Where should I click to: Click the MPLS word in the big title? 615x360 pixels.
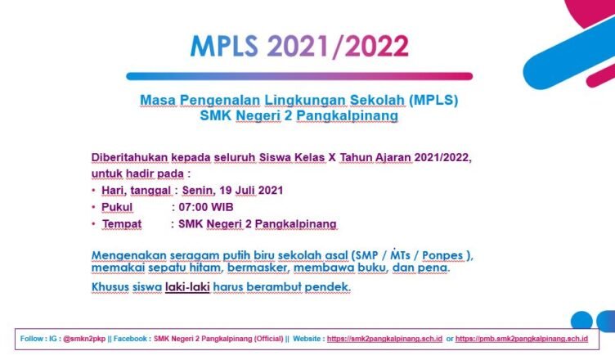point(224,47)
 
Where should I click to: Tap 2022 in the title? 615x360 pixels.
point(376,47)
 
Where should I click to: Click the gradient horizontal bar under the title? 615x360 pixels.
point(299,76)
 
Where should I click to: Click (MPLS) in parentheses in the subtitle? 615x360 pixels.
point(433,100)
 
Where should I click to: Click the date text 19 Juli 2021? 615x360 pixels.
point(251,191)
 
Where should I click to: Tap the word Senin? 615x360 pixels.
point(198,191)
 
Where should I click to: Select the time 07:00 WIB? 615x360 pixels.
point(206,207)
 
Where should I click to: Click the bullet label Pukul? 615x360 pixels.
point(117,207)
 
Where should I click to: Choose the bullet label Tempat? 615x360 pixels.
point(122,224)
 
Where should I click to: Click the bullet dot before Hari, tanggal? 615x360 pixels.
point(93,191)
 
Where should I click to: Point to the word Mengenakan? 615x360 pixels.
point(129,255)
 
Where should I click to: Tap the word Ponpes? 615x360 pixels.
point(442,255)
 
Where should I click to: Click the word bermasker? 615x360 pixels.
point(258,268)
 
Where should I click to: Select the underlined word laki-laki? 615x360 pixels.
point(187,287)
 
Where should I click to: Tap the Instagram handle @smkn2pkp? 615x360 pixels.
point(84,339)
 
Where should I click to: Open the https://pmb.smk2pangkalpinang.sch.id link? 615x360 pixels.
point(522,339)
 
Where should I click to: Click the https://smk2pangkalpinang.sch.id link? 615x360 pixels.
point(384,339)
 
